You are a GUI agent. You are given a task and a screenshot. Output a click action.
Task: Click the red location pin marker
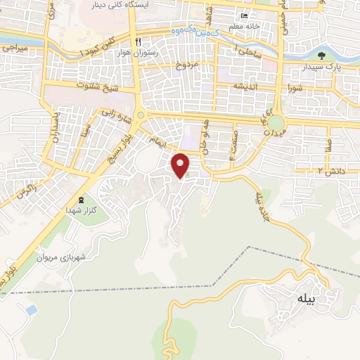pos(181,164)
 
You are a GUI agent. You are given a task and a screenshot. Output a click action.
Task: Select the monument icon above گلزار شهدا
pos(81,200)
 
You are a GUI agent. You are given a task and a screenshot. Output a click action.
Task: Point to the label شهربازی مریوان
pos(83,257)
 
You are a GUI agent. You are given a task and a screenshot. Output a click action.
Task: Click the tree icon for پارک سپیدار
pos(321,56)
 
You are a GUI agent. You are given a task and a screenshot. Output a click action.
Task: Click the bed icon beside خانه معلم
pos(244,17)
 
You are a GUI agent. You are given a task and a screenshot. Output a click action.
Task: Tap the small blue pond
pos(30,309)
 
